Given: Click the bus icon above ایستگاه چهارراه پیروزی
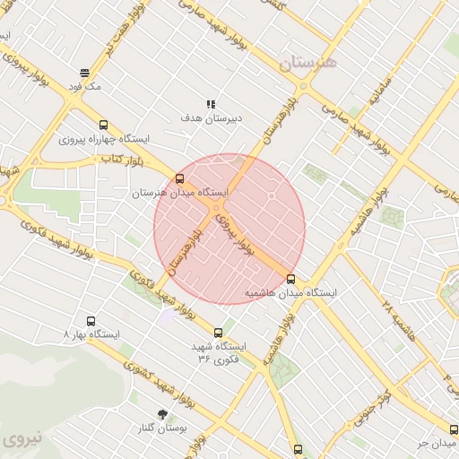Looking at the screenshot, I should (x=104, y=126).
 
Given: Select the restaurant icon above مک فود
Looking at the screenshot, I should (x=84, y=74).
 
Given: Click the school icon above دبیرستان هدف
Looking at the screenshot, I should (x=211, y=104).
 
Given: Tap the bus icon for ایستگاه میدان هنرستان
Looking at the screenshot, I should (x=180, y=179).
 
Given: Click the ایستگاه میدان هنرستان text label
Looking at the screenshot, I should (x=180, y=193).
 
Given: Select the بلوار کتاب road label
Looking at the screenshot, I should (x=125, y=160).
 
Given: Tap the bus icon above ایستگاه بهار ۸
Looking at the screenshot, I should (x=91, y=320).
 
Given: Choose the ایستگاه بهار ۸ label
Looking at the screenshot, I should (x=92, y=333).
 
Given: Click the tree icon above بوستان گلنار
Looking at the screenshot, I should (x=162, y=413).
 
